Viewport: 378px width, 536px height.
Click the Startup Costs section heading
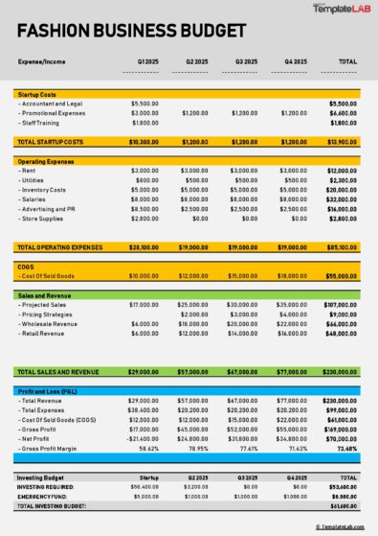point(38,94)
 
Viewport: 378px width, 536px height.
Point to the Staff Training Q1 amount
point(145,123)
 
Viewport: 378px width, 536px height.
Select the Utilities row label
point(33,180)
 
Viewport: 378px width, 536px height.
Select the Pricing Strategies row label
point(49,315)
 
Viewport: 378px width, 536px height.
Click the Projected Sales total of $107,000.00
point(342,305)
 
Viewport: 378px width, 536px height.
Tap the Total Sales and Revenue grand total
point(342,370)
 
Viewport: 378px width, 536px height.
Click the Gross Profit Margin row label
point(52,448)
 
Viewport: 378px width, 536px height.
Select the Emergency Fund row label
point(44,496)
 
